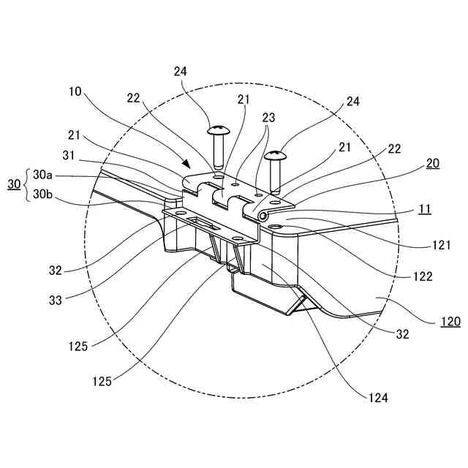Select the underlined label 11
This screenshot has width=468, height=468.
423,209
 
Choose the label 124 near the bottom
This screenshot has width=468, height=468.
379,399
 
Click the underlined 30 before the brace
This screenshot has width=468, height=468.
13,186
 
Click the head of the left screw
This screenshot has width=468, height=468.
217,132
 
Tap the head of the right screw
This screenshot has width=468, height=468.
276,155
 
